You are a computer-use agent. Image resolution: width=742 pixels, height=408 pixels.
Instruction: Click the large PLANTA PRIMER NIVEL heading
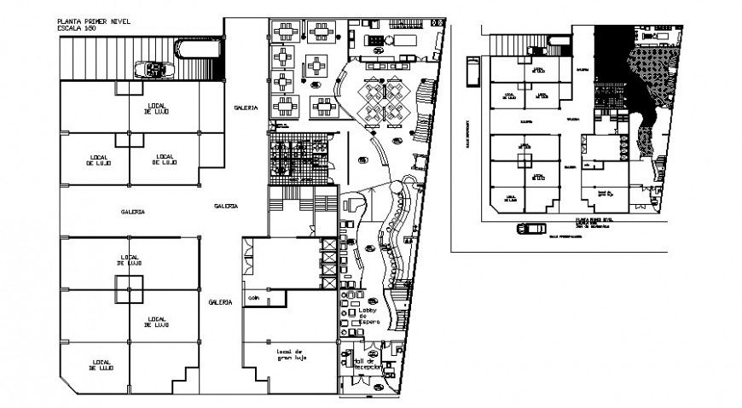tap(89, 19)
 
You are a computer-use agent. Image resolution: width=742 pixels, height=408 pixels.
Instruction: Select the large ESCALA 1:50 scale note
tap(78, 27)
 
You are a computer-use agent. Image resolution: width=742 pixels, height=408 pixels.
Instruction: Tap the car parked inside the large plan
tap(157, 69)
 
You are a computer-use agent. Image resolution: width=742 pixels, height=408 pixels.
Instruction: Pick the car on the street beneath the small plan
tap(530, 229)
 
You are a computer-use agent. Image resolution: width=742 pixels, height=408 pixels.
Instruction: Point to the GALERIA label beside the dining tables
tap(247, 108)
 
